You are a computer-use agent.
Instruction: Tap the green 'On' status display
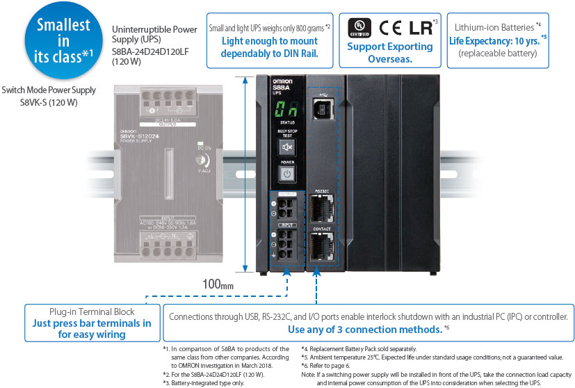pyautogui.click(x=285, y=110)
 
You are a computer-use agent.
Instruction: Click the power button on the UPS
pyautogui.click(x=286, y=173)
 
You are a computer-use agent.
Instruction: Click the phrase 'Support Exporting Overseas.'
pyautogui.click(x=389, y=53)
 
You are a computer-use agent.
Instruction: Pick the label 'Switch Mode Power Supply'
pyautogui.click(x=49, y=91)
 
